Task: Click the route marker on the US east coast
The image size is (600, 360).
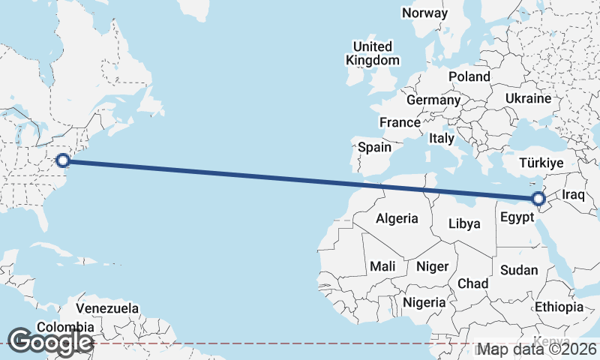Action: point(64,160)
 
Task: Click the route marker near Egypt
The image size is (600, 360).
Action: point(538,199)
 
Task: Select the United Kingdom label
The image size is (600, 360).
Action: point(372,53)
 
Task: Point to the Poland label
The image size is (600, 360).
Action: point(469,76)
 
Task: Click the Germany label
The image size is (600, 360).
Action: point(433,100)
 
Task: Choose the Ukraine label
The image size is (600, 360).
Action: point(528,98)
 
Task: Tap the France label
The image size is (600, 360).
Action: point(400,122)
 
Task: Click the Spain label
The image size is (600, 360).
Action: point(374,147)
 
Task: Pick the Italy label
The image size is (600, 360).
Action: point(442,139)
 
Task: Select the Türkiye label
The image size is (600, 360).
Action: point(547,163)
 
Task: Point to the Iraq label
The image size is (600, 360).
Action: point(573,195)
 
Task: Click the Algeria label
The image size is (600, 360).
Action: point(396,219)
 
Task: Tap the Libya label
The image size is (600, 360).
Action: point(463,223)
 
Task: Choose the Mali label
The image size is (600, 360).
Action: point(382,266)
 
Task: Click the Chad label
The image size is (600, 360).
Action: point(473,283)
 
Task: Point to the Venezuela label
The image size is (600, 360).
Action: point(108,308)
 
